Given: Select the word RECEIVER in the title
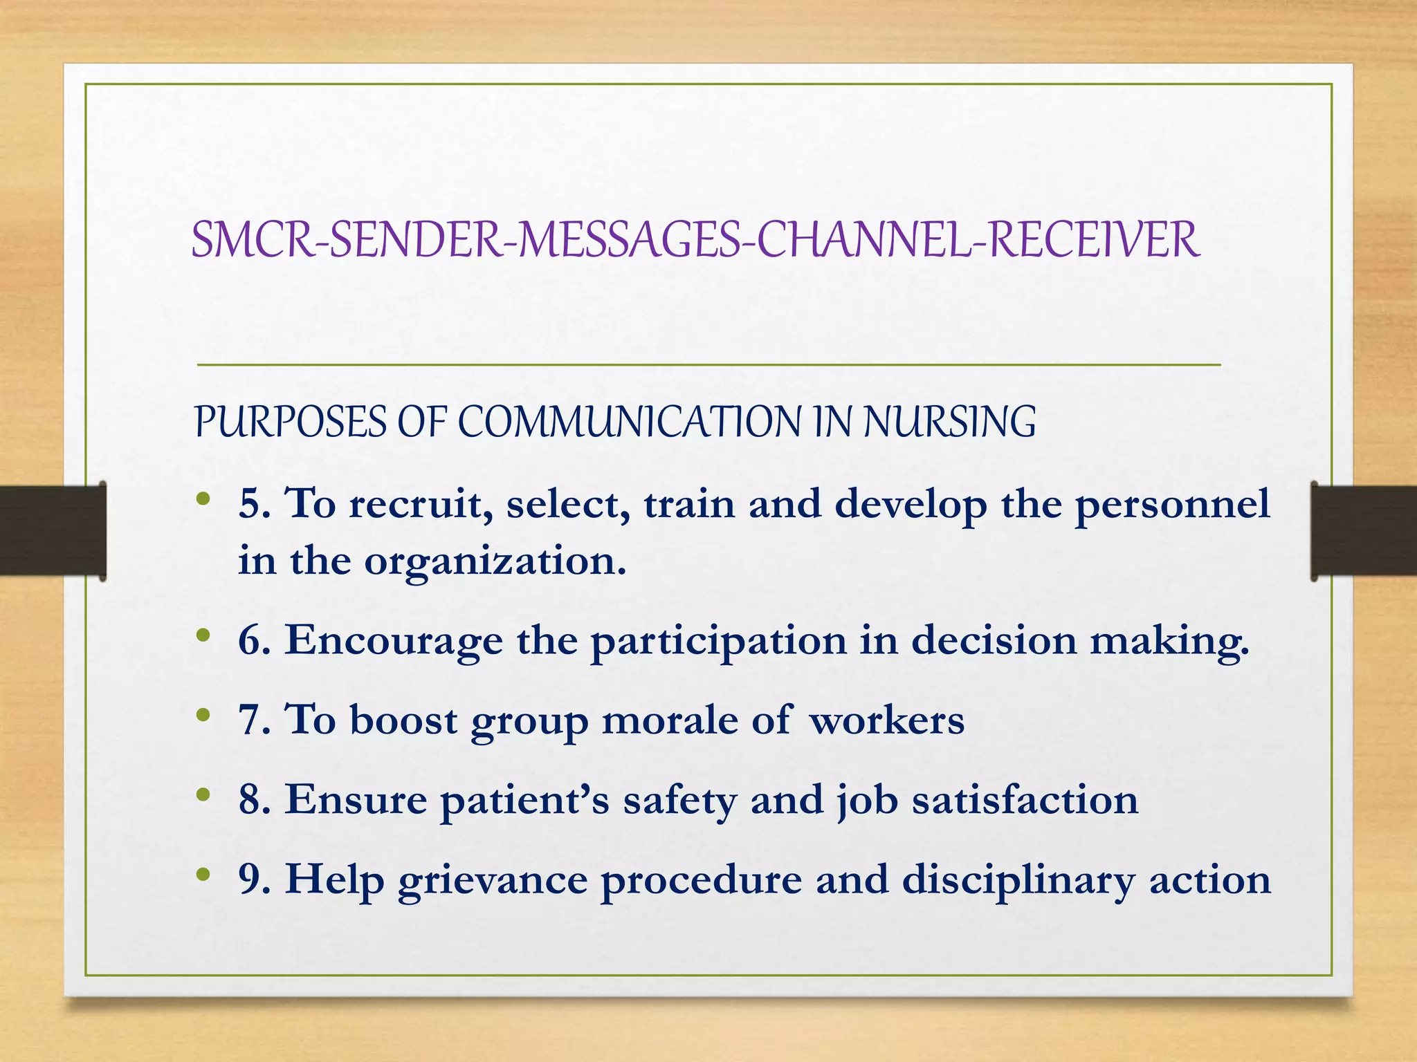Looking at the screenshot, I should tap(1093, 240).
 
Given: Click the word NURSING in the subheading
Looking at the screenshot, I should tap(949, 422).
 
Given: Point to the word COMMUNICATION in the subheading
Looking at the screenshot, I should tap(629, 422).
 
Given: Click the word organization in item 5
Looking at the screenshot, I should tap(494, 561).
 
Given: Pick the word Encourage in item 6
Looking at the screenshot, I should tap(394, 642).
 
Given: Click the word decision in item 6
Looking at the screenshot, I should tap(994, 640).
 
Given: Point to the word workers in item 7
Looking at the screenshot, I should tap(886, 720).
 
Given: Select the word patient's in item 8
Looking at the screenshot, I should tap(524, 801).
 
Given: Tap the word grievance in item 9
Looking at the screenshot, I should tap(492, 881).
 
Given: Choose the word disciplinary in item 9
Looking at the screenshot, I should tap(1018, 881).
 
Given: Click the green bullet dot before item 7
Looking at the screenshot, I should tap(203, 716).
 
